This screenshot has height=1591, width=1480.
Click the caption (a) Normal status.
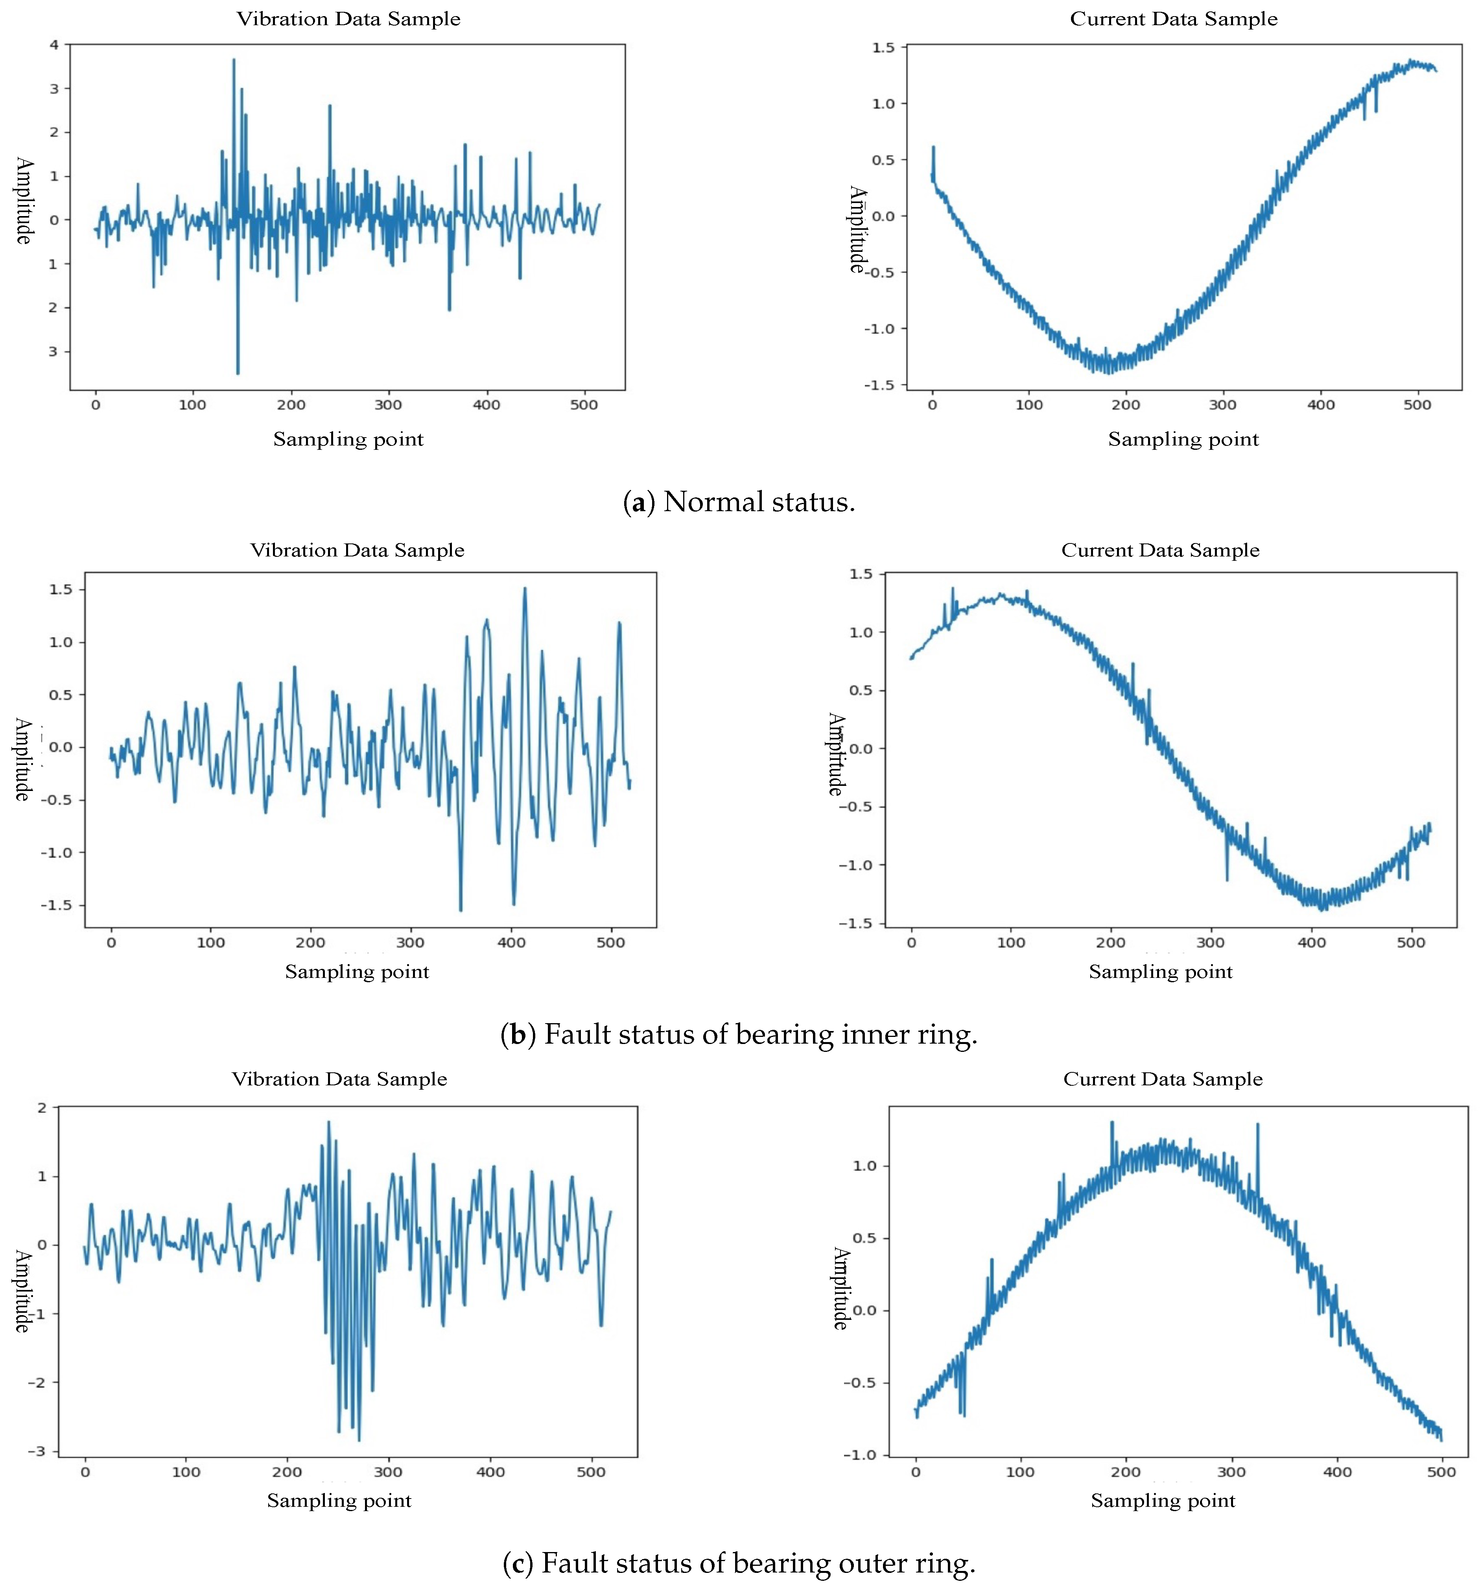click(x=738, y=502)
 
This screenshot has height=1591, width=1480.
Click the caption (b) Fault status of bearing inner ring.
click(x=738, y=1034)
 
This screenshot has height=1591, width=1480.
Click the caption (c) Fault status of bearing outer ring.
click(x=738, y=1563)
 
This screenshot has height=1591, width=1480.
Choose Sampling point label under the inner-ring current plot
click(x=1160, y=972)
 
